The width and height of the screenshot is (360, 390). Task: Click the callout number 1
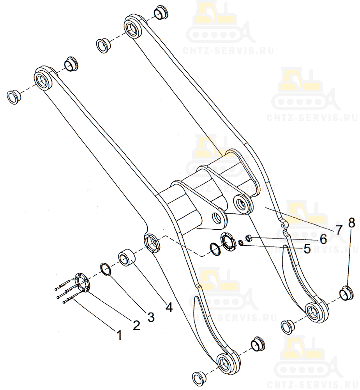(120, 335)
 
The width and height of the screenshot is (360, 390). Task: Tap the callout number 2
(136, 325)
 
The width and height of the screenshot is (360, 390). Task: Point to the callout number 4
(169, 308)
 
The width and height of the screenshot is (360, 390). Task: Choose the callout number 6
(323, 239)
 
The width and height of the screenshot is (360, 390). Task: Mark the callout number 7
(339, 230)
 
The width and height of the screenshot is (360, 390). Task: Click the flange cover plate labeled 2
(81, 283)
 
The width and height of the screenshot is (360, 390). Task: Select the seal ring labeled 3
(106, 269)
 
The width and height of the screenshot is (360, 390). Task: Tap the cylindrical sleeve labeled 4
(127, 256)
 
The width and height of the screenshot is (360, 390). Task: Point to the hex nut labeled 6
(249, 239)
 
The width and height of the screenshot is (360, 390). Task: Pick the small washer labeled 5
(240, 242)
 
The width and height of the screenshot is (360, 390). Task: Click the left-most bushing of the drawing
(13, 97)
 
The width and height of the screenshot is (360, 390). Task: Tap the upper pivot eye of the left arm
(44, 79)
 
